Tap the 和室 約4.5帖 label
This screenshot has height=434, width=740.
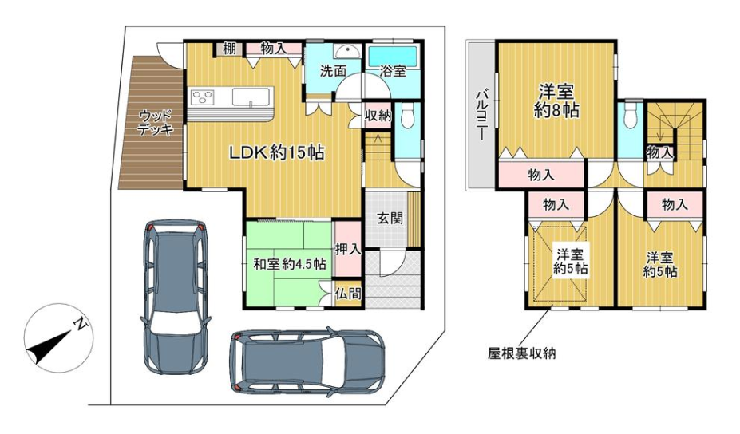click(290, 264)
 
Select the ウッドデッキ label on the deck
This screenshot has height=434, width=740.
click(156, 123)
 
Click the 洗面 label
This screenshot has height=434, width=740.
click(333, 71)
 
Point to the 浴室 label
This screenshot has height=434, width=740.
click(393, 71)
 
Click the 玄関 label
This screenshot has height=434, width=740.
click(390, 218)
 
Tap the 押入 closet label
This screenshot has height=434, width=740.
click(348, 249)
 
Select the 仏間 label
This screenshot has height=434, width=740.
click(348, 294)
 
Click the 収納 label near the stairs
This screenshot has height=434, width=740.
click(378, 116)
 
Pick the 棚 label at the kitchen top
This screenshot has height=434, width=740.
click(229, 48)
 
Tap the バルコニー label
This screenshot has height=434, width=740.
click(481, 115)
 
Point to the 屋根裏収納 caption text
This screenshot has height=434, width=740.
click(521, 353)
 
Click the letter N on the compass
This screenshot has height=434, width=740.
click(81, 324)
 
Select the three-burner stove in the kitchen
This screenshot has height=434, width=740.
click(203, 97)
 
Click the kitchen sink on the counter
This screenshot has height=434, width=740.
click(251, 97)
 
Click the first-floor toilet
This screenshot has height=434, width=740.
click(407, 115)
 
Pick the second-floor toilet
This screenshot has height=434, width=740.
click(631, 115)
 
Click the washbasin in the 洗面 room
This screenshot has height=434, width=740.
click(348, 50)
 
